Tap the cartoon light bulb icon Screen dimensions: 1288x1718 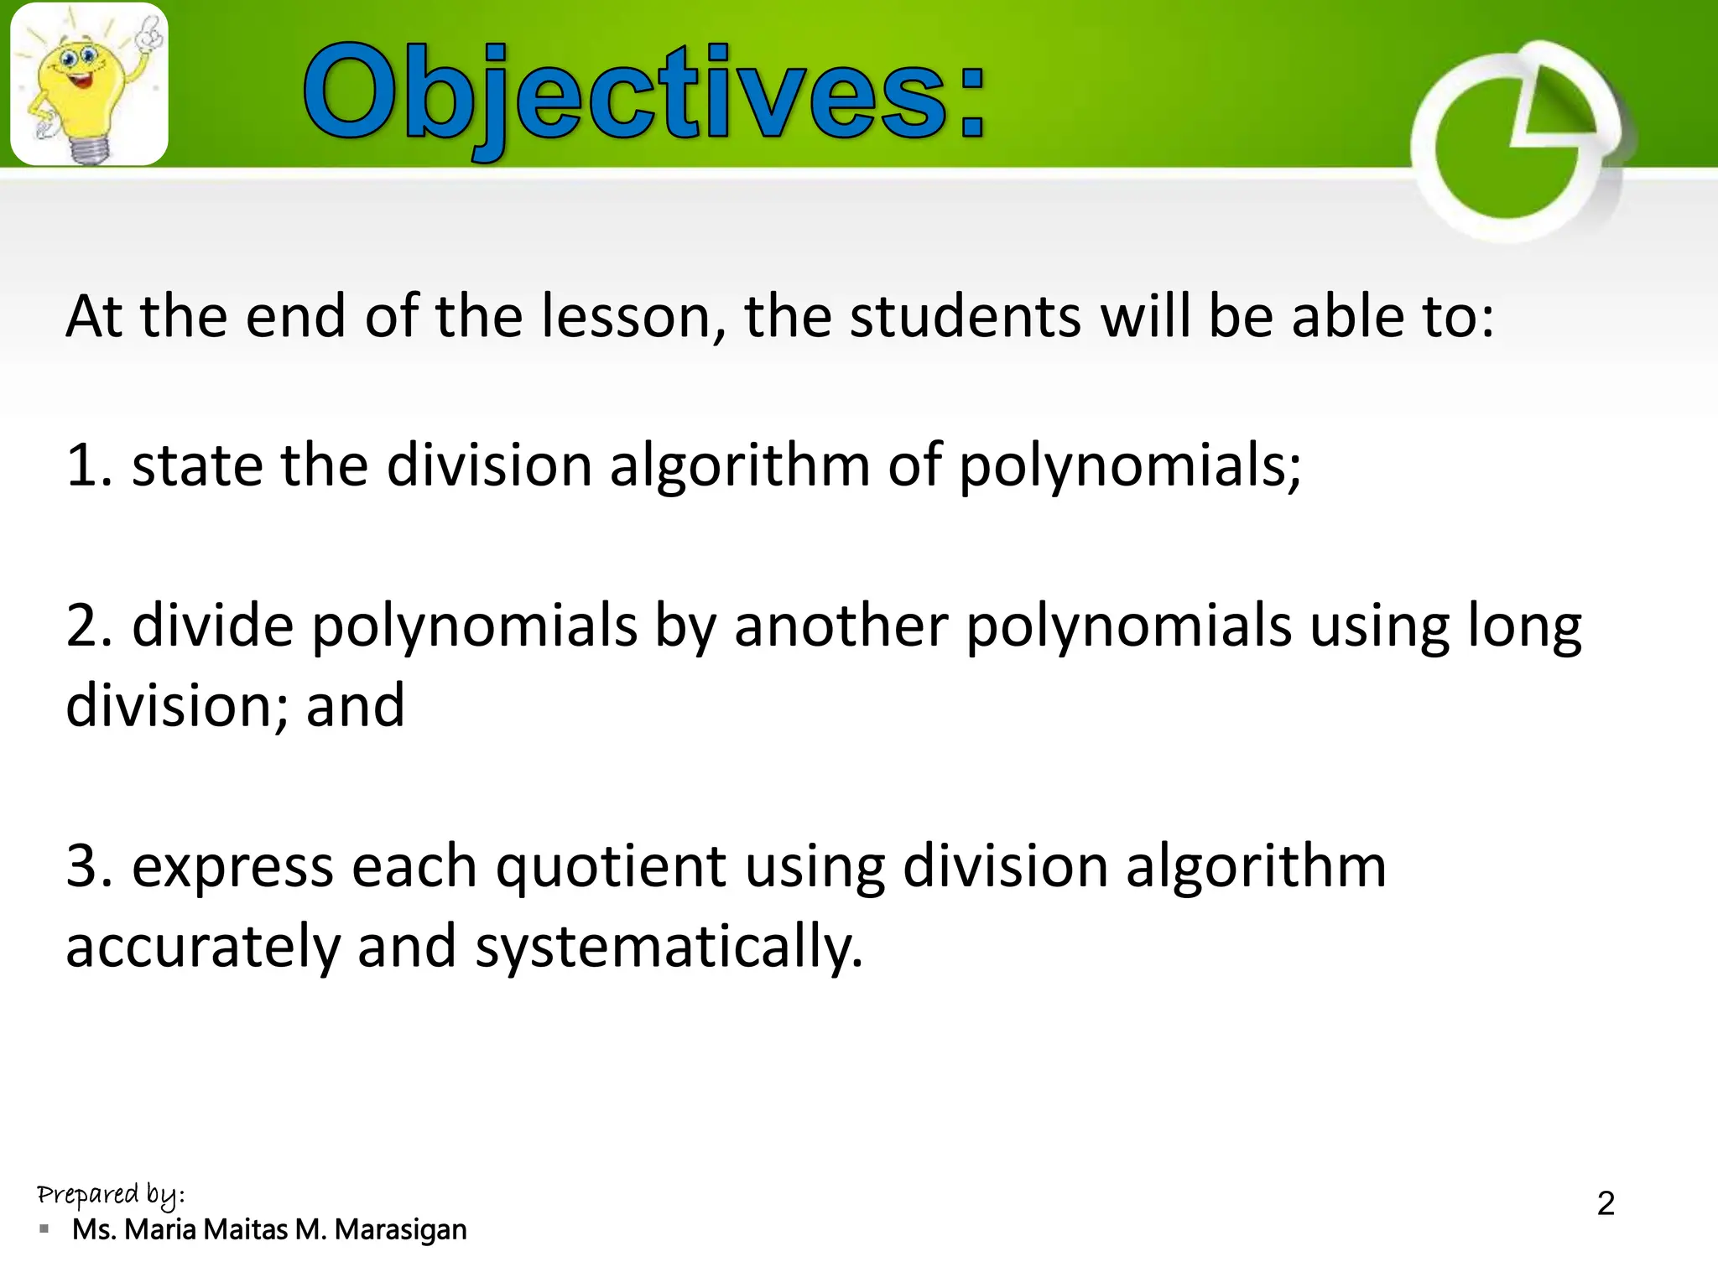pos(88,84)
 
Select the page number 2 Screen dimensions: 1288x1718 pos(1606,1203)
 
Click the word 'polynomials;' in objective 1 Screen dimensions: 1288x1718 pos(1129,468)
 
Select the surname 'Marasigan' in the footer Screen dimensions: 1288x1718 pos(400,1230)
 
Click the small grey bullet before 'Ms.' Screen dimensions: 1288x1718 pos(44,1229)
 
